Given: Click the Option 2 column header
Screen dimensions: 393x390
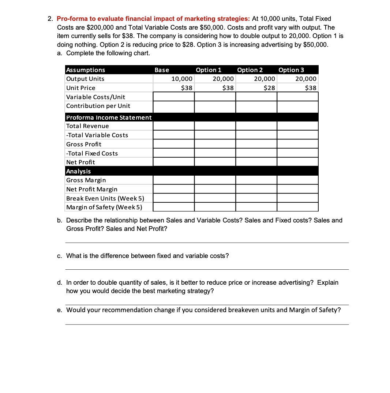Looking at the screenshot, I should (x=250, y=70).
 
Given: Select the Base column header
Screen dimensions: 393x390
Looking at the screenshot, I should (x=162, y=70).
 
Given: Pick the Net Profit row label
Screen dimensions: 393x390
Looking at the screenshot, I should (x=80, y=162).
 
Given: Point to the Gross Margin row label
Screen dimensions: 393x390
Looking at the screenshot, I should (x=86, y=180).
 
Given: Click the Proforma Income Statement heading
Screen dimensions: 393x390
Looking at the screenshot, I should (x=109, y=117).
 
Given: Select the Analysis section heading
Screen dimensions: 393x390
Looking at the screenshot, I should (x=78, y=171).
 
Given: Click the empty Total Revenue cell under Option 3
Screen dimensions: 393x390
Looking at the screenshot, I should (x=297, y=126).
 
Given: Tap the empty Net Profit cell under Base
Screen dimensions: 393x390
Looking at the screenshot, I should (x=173, y=162).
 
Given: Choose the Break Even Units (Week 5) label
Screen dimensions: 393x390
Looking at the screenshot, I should (x=105, y=198).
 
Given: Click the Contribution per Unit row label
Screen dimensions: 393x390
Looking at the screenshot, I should (x=98, y=106).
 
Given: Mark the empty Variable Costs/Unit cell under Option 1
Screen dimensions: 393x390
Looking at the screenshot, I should (x=215, y=97).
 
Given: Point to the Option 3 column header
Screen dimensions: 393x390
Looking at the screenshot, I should (x=291, y=70).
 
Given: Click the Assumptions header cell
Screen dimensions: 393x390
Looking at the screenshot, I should (x=85, y=70).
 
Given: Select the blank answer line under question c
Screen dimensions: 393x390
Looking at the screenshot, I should (x=207, y=269).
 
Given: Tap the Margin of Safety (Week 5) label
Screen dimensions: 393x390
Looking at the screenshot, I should (x=104, y=207).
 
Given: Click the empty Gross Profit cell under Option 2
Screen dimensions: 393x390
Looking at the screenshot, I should (x=256, y=144).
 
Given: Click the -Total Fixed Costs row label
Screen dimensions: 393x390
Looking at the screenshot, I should (x=92, y=153).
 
